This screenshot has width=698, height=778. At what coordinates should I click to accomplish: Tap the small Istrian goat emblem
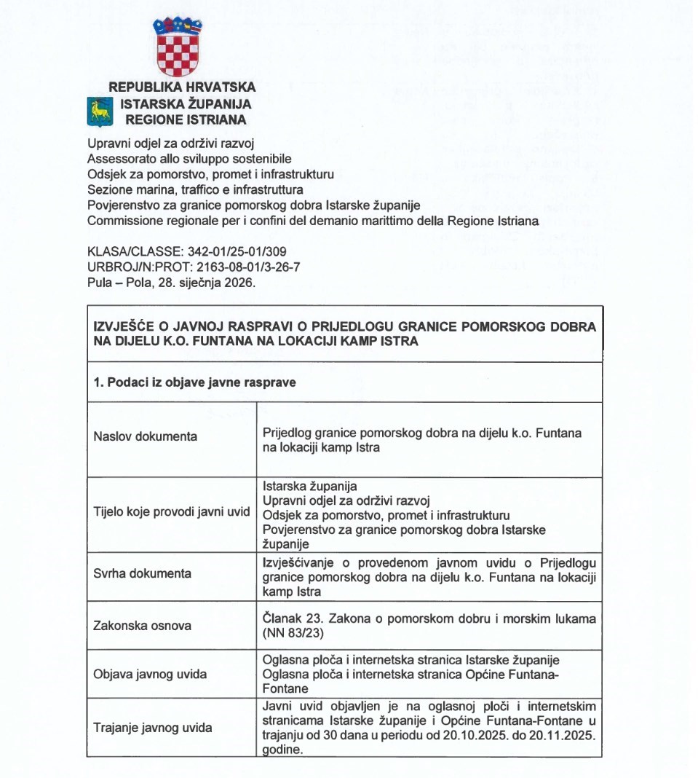(x=98, y=111)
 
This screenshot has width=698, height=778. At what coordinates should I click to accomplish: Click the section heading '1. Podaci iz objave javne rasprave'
(x=195, y=382)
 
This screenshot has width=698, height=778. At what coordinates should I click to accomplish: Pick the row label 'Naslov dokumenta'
(x=145, y=436)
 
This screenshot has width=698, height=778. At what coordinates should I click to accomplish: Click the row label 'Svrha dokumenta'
(x=143, y=573)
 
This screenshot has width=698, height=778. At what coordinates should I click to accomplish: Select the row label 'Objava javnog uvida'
(x=150, y=674)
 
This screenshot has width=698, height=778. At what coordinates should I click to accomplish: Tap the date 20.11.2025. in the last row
(x=563, y=738)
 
